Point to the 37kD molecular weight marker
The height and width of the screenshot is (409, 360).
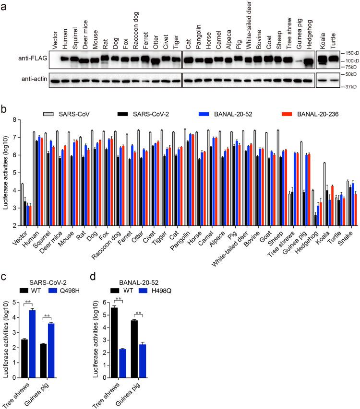pyautogui.click(x=348, y=87)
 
